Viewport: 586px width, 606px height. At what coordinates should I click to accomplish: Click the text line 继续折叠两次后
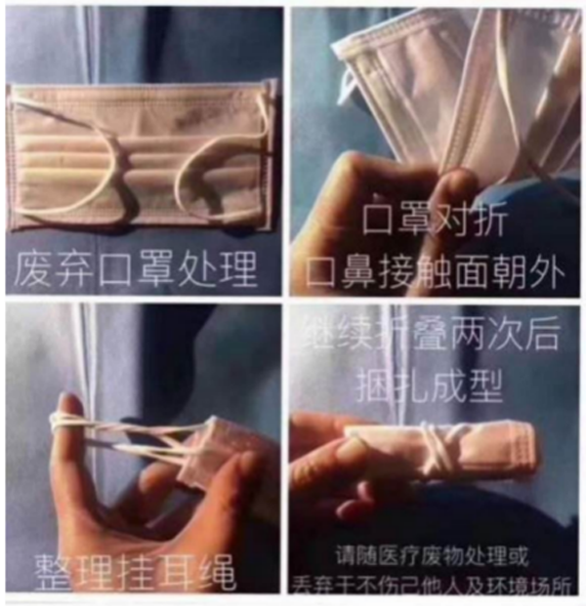[x=436, y=335]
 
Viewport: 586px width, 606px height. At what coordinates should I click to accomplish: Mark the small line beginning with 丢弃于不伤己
[x=436, y=584]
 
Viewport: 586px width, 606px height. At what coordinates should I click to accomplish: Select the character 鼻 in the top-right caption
[x=366, y=268]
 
